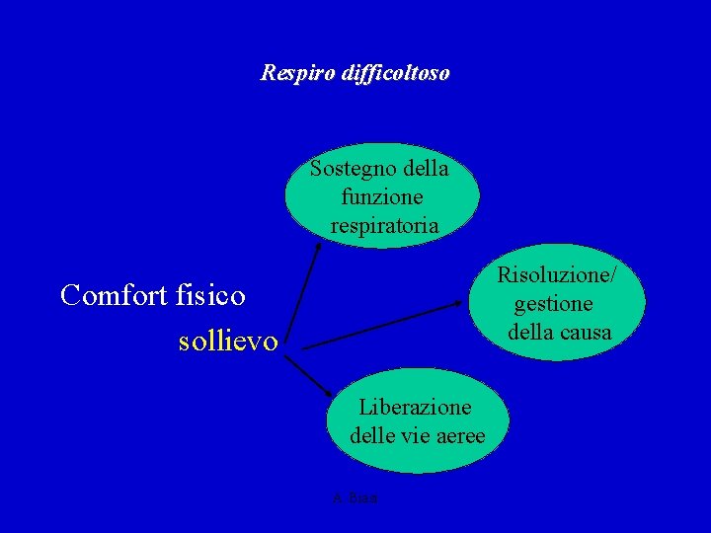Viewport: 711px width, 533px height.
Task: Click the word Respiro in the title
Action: pyautogui.click(x=291, y=73)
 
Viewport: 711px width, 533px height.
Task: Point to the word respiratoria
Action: pyautogui.click(x=384, y=226)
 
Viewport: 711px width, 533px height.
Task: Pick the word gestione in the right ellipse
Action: pyautogui.click(x=553, y=303)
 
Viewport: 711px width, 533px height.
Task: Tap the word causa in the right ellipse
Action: pyautogui.click(x=588, y=332)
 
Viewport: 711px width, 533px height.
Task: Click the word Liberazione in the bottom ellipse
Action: pyautogui.click(x=415, y=407)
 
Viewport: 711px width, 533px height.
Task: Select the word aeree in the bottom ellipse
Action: pyautogui.click(x=457, y=435)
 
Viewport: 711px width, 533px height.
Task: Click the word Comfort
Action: pyautogui.click(x=108, y=294)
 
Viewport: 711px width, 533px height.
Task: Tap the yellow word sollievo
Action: pyautogui.click(x=228, y=342)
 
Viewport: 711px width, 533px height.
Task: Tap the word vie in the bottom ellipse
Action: pyautogui.click(x=418, y=435)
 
